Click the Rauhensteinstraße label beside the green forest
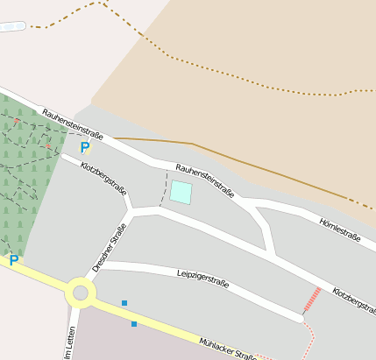pyautogui.click(x=73, y=124)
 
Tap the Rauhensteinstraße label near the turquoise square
pyautogui.click(x=204, y=180)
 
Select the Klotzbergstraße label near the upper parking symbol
pyautogui.click(x=103, y=178)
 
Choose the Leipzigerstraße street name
pyautogui.click(x=202, y=278)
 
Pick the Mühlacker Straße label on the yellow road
pyautogui.click(x=228, y=349)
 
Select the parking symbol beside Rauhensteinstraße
pyautogui.click(x=84, y=148)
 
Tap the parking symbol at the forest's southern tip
pyautogui.click(x=13, y=260)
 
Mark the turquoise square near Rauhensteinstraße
pyautogui.click(x=181, y=192)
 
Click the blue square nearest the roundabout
pyautogui.click(x=124, y=303)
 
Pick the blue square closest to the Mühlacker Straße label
pyautogui.click(x=134, y=324)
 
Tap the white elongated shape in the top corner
pyautogui.click(x=12, y=27)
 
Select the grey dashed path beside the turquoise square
pyautogui.click(x=163, y=188)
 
